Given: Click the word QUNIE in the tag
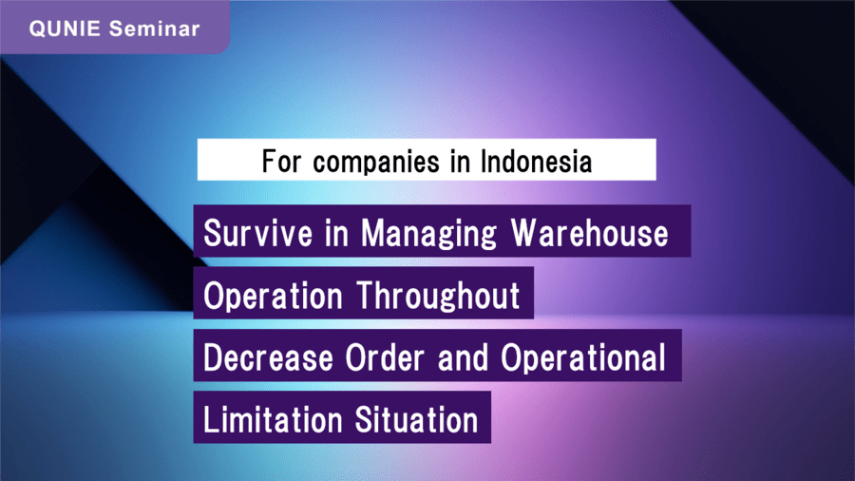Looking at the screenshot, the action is (x=65, y=29).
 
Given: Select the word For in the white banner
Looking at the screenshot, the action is (x=281, y=162).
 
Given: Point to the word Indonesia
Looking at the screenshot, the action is (x=537, y=162).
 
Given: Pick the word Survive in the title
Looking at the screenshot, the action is (x=258, y=234).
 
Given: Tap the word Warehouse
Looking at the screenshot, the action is (x=589, y=234).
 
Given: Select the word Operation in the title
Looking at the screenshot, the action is (x=273, y=297).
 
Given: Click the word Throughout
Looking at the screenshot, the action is (x=438, y=297).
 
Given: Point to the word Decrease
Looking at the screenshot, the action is (x=268, y=357).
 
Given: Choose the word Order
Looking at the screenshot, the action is (x=385, y=357).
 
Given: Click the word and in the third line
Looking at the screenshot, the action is (x=463, y=357).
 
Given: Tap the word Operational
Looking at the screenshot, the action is (x=583, y=358).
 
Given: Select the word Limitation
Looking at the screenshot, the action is (x=273, y=420).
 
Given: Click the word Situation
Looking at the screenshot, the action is (x=417, y=420).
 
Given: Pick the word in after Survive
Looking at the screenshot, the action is (x=336, y=234).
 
